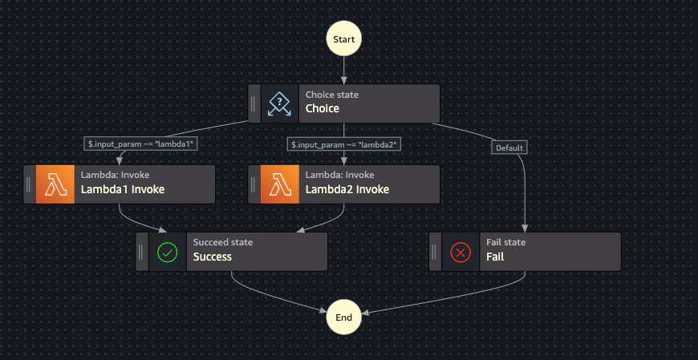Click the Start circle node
[343, 38]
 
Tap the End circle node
[343, 318]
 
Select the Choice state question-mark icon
[279, 103]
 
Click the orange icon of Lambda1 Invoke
[55, 184]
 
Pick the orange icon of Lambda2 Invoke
[279, 184]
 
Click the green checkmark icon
[168, 253]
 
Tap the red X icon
[461, 253]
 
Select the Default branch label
[509, 148]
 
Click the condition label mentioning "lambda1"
[140, 144]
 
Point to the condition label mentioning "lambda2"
[344, 144]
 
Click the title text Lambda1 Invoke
[123, 189]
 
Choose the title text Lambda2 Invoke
[347, 189]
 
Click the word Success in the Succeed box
[213, 257]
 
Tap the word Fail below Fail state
[495, 257]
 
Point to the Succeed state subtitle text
[223, 242]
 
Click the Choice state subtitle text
[331, 95]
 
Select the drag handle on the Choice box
[253, 103]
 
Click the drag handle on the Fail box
[433, 252]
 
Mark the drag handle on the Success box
[140, 252]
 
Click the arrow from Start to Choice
[343, 70]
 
